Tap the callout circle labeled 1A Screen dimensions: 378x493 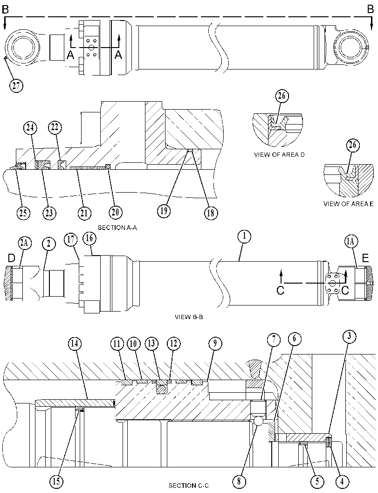(x=351, y=241)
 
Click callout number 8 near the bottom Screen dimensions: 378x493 (x=239, y=481)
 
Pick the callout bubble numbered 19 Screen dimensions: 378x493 (x=164, y=210)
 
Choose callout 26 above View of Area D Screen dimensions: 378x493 (x=282, y=96)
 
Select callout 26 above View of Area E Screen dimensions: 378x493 (x=353, y=145)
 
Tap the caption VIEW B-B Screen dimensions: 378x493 (x=189, y=317)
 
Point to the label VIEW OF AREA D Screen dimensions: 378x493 (x=279, y=155)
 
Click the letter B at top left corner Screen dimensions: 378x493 (x=5, y=10)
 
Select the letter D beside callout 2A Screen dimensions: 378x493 (x=11, y=258)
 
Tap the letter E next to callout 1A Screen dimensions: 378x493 (x=365, y=258)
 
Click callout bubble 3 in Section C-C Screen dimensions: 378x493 (x=349, y=336)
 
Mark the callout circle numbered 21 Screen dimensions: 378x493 (x=84, y=213)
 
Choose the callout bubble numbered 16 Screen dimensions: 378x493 (x=89, y=238)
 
